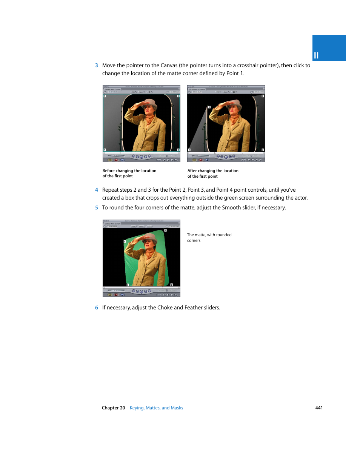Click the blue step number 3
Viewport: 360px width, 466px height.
[x=97, y=66]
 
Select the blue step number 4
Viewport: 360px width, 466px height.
[x=97, y=190]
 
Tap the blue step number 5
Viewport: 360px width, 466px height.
[x=97, y=208]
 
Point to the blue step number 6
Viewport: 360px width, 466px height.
[x=97, y=308]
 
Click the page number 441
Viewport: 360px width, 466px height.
[x=319, y=408]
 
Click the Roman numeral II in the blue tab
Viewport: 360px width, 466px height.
[x=316, y=55]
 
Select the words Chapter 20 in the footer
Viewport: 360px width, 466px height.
[x=113, y=408]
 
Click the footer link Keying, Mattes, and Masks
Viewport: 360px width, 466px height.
[x=156, y=408]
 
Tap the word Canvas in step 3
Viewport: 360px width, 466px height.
[x=169, y=66]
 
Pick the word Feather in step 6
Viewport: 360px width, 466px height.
[x=193, y=308]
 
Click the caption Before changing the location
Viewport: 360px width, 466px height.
[x=129, y=171]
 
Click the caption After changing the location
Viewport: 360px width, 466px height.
[x=213, y=171]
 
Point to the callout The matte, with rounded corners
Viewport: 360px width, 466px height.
[x=209, y=237]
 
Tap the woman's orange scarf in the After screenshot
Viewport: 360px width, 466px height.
[x=235, y=120]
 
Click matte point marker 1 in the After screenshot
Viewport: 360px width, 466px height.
[x=209, y=107]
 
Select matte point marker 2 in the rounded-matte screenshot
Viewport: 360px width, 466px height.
[x=165, y=230]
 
